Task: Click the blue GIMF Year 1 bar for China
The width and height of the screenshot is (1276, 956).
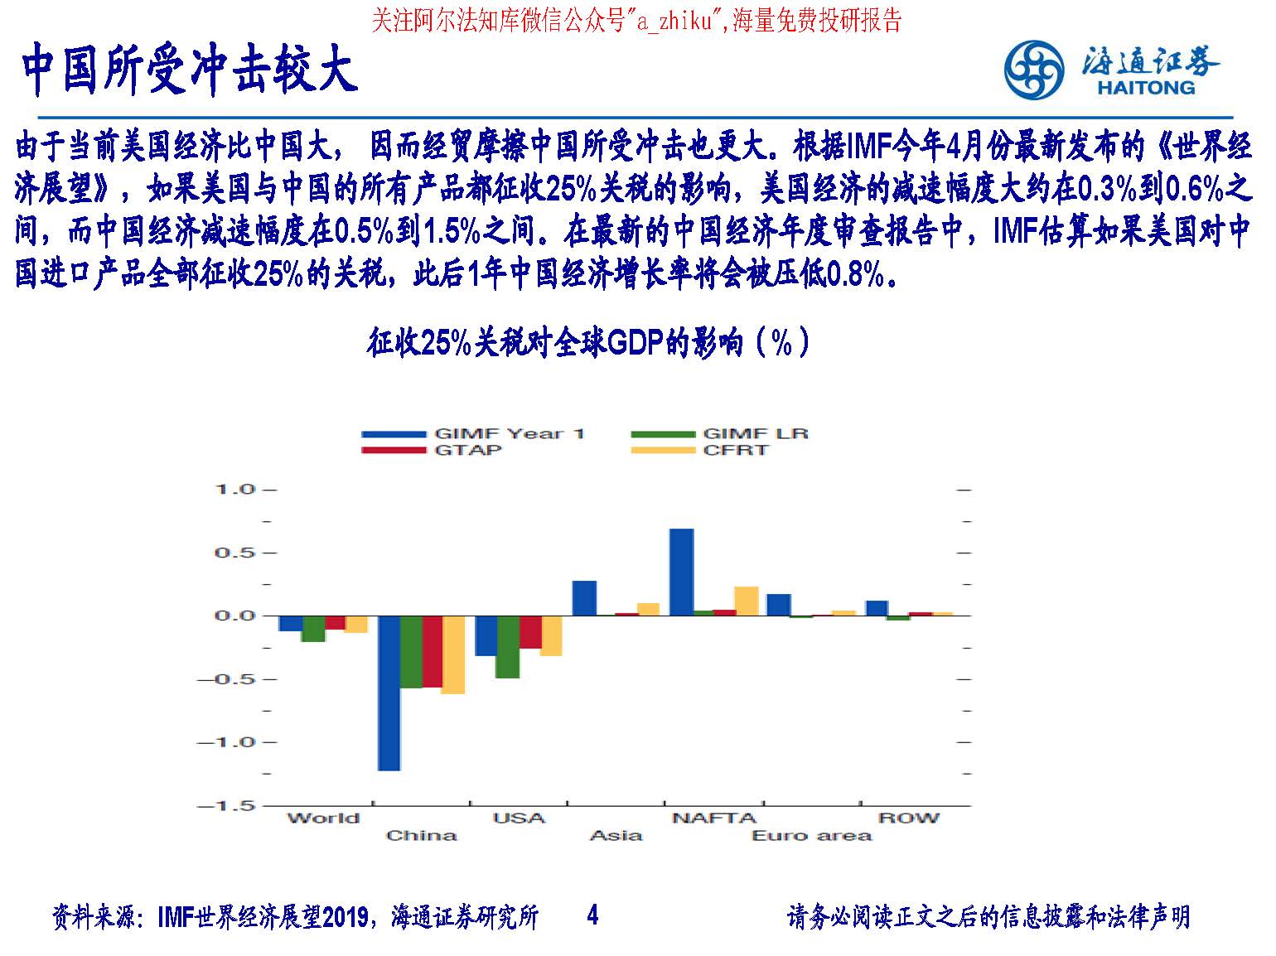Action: [x=389, y=693]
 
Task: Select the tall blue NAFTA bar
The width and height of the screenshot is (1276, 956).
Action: [x=681, y=572]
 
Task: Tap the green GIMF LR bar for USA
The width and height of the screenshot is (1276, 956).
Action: [x=508, y=647]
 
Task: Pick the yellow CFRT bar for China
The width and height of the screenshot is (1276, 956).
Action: [x=453, y=654]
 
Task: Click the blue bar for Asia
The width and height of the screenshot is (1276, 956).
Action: [x=584, y=598]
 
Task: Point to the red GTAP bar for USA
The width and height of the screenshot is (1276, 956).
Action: [x=530, y=632]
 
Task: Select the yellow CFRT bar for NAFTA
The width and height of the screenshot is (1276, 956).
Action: [x=747, y=601]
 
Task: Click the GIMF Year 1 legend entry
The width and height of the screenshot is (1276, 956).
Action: [x=472, y=433]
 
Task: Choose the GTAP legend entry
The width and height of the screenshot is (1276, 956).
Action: [x=431, y=450]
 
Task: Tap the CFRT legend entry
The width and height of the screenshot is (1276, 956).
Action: [x=700, y=450]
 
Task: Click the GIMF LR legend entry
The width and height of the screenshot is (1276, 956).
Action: [x=720, y=433]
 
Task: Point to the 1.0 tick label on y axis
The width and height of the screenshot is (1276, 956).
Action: [x=235, y=490]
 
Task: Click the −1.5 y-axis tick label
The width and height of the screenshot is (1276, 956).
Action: [x=226, y=805]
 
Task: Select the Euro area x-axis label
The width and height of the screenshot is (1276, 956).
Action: [x=811, y=835]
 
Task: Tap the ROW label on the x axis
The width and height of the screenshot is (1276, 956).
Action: [x=908, y=818]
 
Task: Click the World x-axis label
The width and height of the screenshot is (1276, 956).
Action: [x=324, y=818]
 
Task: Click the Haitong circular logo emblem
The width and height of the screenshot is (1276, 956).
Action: [x=1033, y=70]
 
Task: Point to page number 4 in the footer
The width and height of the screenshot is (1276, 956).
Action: [x=592, y=915]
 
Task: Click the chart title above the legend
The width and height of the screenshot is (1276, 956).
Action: [x=587, y=342]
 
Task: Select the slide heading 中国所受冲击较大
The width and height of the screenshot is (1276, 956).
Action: [x=190, y=69]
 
